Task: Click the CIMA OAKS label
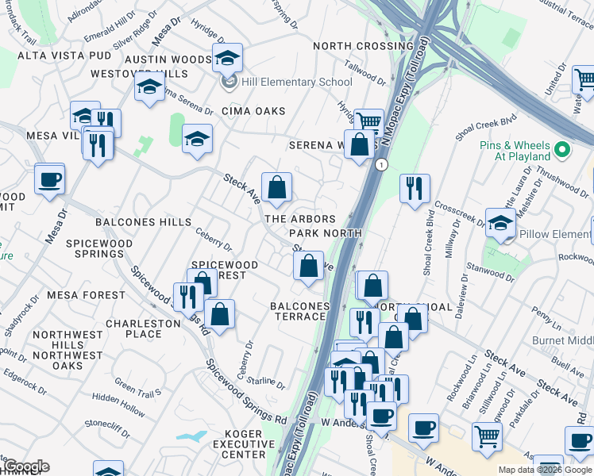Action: coord(253,111)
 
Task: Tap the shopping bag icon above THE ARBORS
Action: coord(277,189)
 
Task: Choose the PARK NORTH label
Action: coord(325,233)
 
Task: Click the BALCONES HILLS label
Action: coord(143,222)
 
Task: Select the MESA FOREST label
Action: coord(86,295)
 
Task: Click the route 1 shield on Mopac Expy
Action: coord(382,165)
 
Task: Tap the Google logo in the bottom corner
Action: coord(25,466)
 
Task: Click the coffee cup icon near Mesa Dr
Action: coord(50,179)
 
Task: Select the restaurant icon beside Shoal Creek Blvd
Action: coord(415,189)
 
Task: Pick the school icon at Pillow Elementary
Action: coord(500,224)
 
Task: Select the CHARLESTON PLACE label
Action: coord(143,328)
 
